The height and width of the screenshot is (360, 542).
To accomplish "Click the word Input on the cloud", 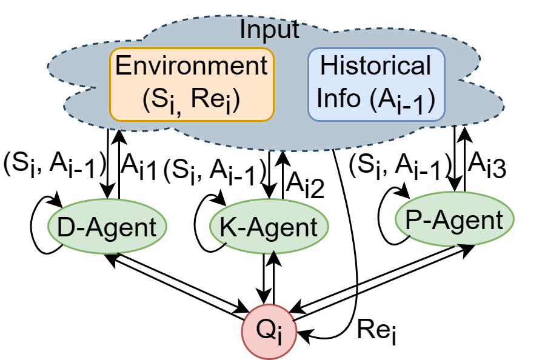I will [269, 30].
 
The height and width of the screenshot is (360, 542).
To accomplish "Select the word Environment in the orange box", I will [192, 66].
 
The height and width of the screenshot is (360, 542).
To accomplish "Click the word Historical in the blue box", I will [375, 66].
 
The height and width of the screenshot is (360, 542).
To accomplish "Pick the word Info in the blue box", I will [339, 98].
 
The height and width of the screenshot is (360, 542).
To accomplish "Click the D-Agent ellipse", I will [107, 227].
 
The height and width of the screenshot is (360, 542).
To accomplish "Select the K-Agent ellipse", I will [269, 227].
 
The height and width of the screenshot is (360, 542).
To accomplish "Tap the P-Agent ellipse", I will [454, 219].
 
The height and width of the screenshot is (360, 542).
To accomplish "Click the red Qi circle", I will [270, 332].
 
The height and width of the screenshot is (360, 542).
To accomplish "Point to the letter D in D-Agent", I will [65, 227].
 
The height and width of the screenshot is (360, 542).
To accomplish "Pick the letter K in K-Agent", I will [227, 227].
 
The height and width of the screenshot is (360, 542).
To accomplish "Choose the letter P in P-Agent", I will [413, 220].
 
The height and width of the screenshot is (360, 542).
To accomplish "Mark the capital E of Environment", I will [123, 66].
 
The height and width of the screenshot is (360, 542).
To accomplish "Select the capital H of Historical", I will [329, 66].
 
